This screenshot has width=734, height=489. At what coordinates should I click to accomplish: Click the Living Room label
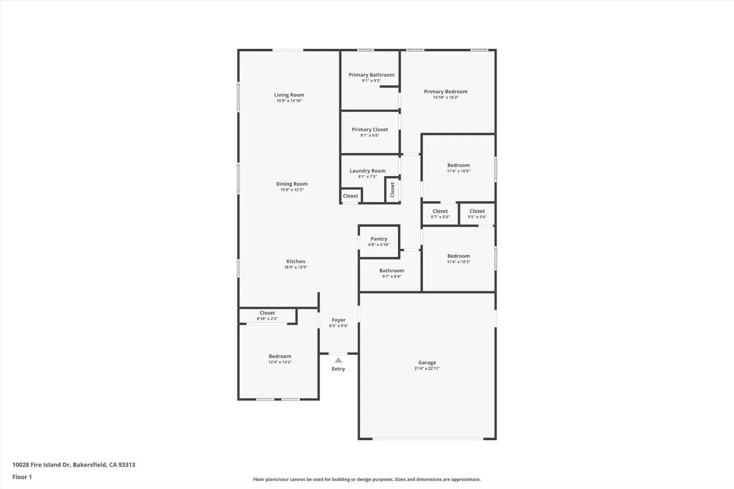[x=289, y=95]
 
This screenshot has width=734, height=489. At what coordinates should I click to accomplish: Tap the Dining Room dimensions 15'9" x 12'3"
[x=292, y=190]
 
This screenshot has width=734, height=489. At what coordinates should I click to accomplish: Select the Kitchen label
[x=296, y=262]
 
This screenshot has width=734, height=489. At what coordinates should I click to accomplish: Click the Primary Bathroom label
[x=371, y=75]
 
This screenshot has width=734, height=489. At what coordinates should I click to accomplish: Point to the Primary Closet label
[x=369, y=130]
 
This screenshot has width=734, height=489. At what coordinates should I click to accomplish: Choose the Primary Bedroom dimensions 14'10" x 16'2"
[x=445, y=97]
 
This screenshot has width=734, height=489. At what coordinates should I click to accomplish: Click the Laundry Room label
[x=367, y=171]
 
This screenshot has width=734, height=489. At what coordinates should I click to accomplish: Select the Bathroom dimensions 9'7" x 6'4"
[x=391, y=276]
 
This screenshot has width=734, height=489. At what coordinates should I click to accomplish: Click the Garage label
[x=427, y=363]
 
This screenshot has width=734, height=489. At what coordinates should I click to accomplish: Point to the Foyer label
[x=338, y=320]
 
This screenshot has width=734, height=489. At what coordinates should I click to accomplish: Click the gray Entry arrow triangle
[x=338, y=360]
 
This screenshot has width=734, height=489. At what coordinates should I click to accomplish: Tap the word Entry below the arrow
[x=338, y=369]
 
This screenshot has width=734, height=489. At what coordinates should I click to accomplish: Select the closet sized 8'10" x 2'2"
[x=267, y=316]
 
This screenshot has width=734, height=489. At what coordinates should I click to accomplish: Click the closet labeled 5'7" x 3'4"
[x=440, y=214]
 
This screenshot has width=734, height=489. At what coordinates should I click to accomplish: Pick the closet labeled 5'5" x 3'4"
[x=477, y=214]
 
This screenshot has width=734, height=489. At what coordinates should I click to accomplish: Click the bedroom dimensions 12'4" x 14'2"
[x=279, y=362]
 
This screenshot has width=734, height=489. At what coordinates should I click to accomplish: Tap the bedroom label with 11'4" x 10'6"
[x=458, y=165]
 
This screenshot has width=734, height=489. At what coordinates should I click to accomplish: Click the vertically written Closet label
[x=392, y=190]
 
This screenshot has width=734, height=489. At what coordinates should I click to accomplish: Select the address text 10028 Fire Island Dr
[x=42, y=465]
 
